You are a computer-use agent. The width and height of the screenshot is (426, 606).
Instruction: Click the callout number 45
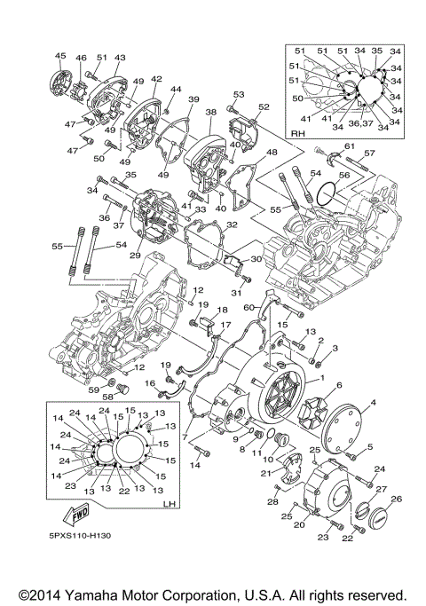coord(60,57)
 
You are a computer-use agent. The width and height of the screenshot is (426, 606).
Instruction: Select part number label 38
coord(210,113)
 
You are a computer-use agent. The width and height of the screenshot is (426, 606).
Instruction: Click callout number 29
coord(136,256)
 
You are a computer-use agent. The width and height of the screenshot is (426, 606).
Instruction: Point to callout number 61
coord(349,146)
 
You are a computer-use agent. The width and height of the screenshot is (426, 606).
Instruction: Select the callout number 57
coord(368,153)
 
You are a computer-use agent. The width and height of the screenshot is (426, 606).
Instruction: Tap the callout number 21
coord(265,473)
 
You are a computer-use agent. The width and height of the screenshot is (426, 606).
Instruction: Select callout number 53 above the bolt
coord(239,94)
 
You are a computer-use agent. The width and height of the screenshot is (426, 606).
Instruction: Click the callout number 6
coord(338,384)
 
